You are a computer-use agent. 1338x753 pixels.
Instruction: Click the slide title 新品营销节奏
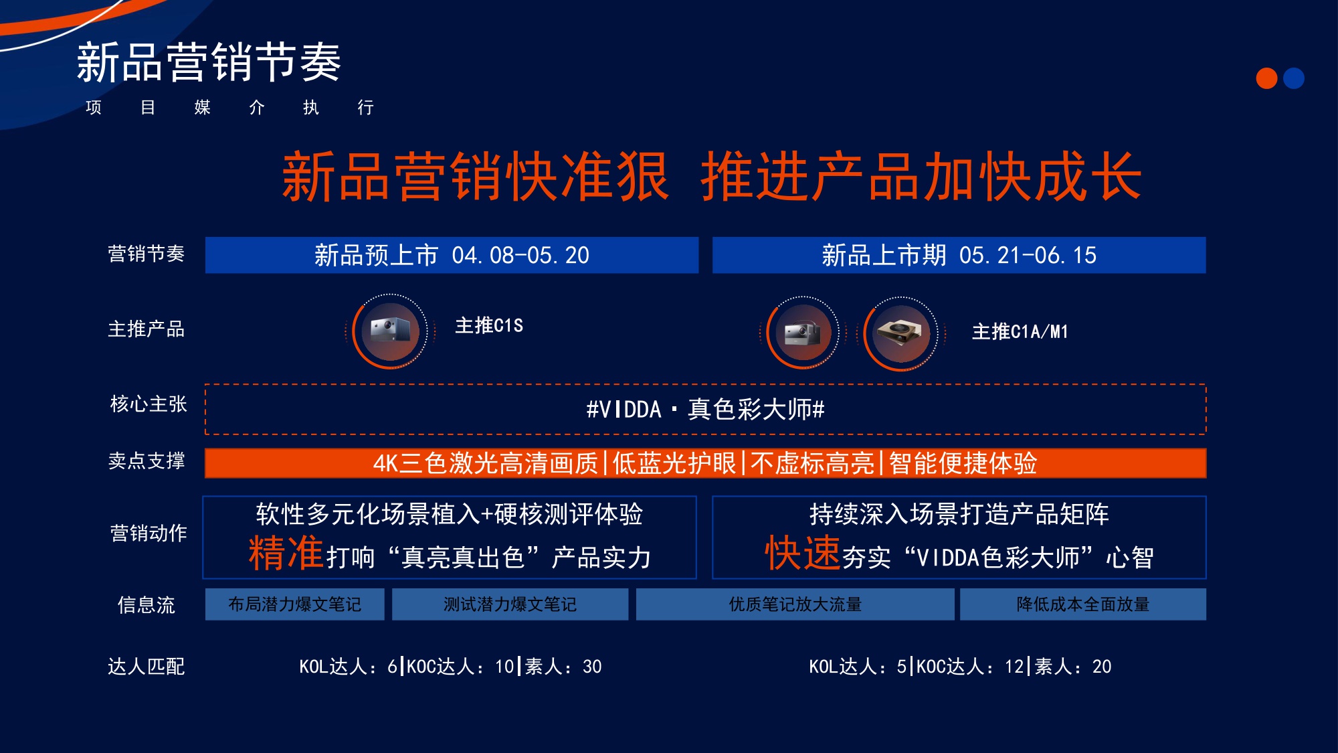pos(209,62)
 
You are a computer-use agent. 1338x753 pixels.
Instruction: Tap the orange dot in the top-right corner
pos(1266,78)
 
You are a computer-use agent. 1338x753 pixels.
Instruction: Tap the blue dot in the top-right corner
pos(1294,78)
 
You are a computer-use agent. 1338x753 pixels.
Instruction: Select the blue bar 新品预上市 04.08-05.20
pos(452,255)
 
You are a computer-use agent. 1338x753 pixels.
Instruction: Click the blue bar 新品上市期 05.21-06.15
pos(959,255)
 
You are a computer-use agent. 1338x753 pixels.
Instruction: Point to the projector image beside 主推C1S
pos(390,331)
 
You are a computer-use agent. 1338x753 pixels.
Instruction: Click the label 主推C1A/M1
pos(1020,331)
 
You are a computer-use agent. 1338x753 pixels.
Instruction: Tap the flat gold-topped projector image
pos(900,332)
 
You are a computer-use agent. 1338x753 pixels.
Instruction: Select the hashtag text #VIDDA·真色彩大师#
pos(705,409)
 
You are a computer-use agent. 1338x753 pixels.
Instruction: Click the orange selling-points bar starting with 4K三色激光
pos(705,463)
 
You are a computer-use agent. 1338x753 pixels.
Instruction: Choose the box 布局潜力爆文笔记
pos(294,604)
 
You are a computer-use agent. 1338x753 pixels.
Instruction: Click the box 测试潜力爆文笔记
pos(510,604)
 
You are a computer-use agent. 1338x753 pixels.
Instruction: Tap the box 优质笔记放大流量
pos(795,604)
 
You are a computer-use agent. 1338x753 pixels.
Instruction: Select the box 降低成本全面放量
pos(1082,604)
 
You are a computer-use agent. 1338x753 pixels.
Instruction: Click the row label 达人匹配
pos(146,666)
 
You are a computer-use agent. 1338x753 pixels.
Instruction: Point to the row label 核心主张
pos(148,404)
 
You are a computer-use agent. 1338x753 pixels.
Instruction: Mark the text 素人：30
pos(563,667)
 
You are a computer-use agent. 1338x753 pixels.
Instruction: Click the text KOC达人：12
pos(970,667)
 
